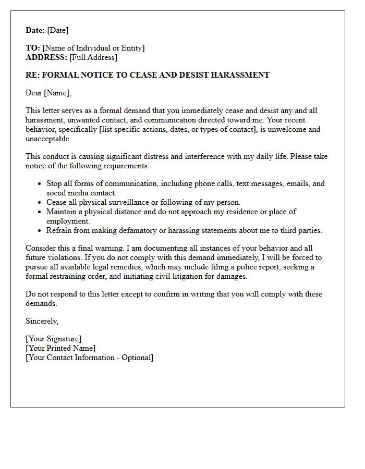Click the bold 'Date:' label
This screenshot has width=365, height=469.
(x=35, y=30)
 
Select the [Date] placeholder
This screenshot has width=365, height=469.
(x=58, y=30)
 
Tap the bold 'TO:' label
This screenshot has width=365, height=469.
(x=33, y=48)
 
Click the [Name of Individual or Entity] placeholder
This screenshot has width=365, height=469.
(x=94, y=48)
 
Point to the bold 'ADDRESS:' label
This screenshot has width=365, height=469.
(x=46, y=57)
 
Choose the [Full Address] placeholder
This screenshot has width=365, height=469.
(x=93, y=57)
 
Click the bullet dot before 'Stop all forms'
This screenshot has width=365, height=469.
(x=40, y=184)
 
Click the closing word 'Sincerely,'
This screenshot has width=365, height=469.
(x=42, y=321)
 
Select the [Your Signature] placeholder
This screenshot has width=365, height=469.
(x=54, y=339)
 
